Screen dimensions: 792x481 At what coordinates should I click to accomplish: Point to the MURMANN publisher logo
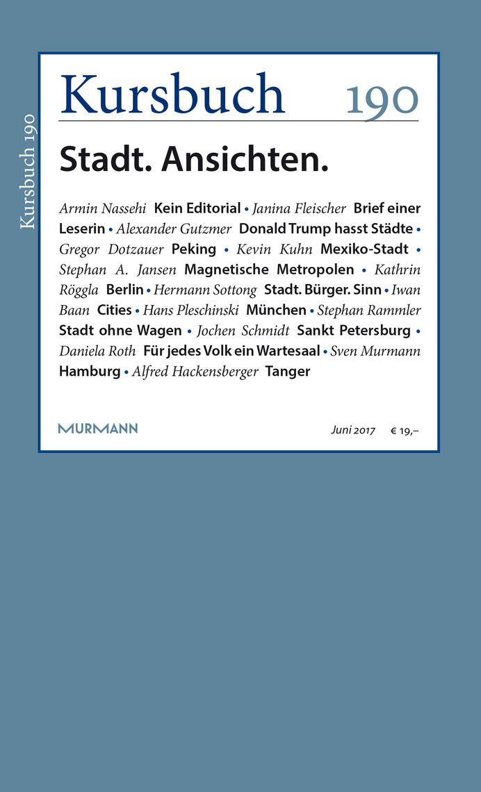coord(98,429)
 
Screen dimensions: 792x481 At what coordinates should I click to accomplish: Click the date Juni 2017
coord(352,431)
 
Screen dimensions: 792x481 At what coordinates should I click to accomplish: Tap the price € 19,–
coord(405,431)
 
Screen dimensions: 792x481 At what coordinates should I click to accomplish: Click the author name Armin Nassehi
coord(103,208)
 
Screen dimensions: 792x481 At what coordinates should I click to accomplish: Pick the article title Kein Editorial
coord(197,208)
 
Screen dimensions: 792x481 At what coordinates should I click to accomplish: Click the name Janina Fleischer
coord(299,208)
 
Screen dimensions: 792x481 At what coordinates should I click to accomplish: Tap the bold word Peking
coord(194,249)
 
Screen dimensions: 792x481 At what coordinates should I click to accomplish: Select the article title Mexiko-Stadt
coord(364,249)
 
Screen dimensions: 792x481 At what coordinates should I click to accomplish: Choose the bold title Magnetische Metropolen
coord(269,269)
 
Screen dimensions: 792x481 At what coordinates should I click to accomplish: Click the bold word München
coord(276,310)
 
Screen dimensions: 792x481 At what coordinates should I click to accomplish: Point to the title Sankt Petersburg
coord(354,330)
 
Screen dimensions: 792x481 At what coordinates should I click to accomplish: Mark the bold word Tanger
coord(288,371)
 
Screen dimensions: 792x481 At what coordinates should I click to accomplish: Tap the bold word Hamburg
coord(90,371)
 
